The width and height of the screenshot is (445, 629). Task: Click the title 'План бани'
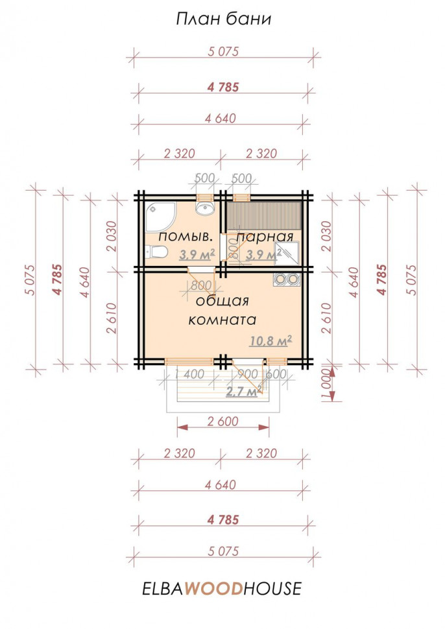tap(224, 19)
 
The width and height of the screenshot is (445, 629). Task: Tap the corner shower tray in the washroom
tap(160, 217)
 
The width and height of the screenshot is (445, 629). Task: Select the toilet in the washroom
tap(156, 252)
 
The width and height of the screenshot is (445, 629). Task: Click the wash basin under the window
tap(206, 208)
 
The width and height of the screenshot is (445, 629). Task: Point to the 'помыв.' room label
tap(186, 237)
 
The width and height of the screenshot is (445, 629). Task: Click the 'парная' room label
tap(265, 237)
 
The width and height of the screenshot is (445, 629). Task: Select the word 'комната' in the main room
tap(222, 320)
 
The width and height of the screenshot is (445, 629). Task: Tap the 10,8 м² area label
tap(271, 341)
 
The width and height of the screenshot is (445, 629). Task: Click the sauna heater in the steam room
tap(287, 253)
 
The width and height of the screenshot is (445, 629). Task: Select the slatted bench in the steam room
tap(264, 215)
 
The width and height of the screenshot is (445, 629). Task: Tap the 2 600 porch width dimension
tap(222, 421)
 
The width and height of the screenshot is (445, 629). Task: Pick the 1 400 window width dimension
tap(189, 374)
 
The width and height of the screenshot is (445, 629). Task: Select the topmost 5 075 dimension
tap(223, 52)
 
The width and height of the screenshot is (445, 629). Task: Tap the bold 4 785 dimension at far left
tap(58, 279)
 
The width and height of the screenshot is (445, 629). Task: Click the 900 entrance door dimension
tap(248, 374)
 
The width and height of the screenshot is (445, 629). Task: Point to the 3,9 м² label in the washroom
tap(197, 254)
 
